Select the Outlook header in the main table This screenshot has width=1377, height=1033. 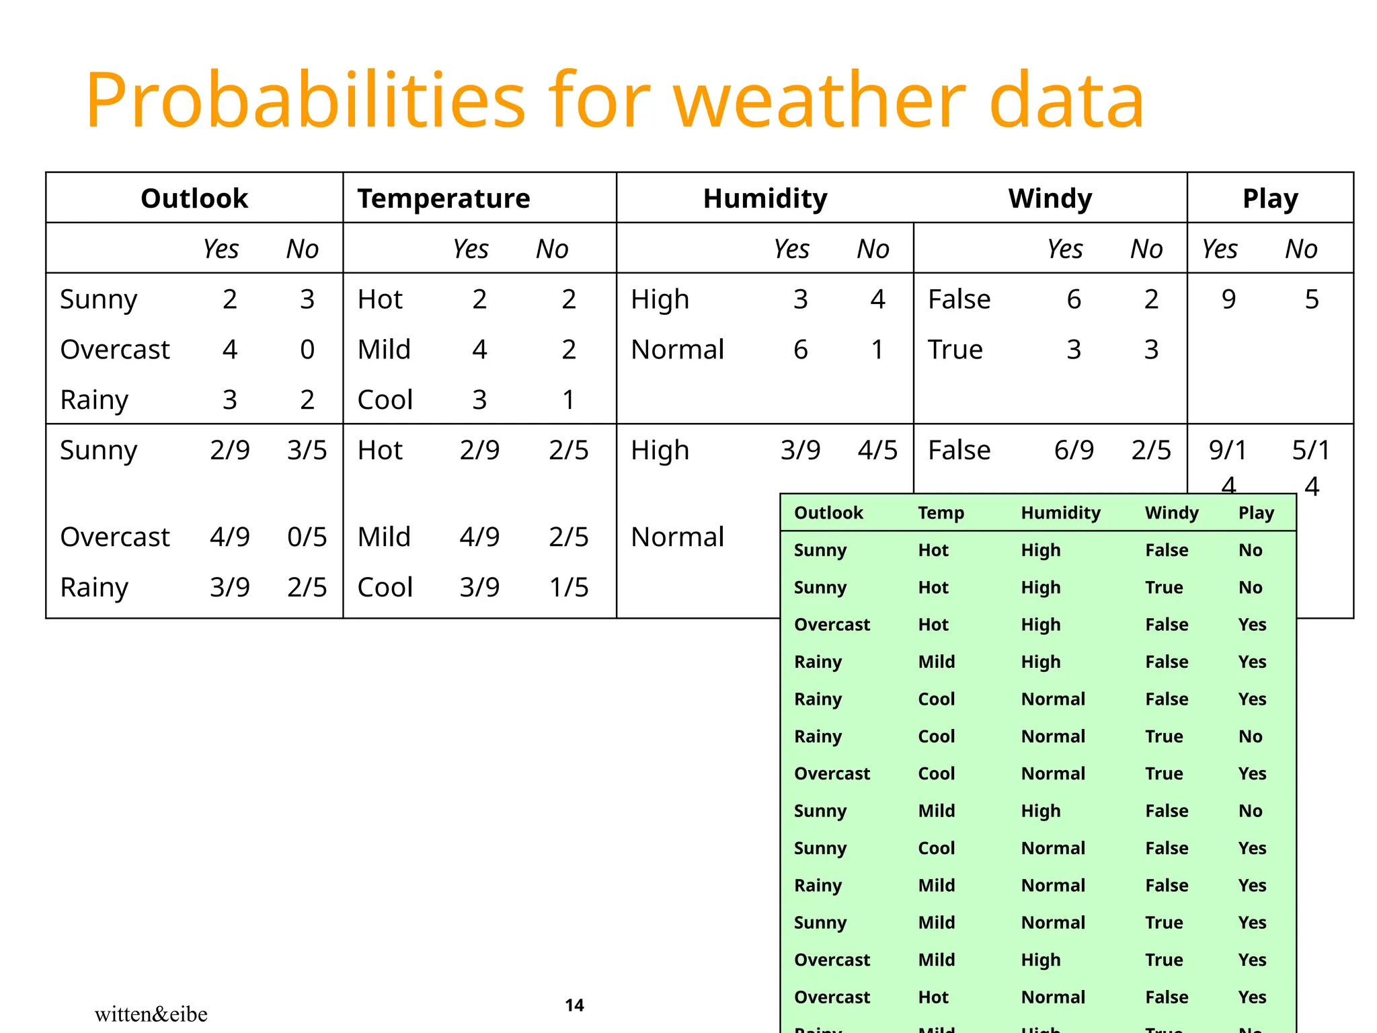point(194,198)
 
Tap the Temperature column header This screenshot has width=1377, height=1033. point(444,198)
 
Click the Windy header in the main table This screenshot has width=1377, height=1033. point(1050,198)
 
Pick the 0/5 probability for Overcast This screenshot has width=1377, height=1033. point(307,537)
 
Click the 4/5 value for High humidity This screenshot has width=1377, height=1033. point(877,450)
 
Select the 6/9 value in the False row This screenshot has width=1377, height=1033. point(1073,450)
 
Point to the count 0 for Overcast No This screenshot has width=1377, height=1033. point(307,350)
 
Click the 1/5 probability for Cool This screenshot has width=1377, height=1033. point(568,587)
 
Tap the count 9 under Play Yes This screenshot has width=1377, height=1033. point(1228,299)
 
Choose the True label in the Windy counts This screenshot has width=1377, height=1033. point(955,350)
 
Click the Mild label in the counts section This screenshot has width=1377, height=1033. point(384,350)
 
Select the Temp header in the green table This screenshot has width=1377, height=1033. point(941,513)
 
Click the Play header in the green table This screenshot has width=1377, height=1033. point(1256,513)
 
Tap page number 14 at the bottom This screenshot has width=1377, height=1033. point(574,1005)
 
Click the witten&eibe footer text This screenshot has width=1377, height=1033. point(151,1013)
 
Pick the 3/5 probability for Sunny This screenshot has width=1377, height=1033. point(307,450)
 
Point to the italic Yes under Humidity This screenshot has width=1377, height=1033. point(791,250)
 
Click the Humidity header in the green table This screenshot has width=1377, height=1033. point(1060,513)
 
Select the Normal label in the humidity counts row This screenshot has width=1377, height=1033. point(677,350)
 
